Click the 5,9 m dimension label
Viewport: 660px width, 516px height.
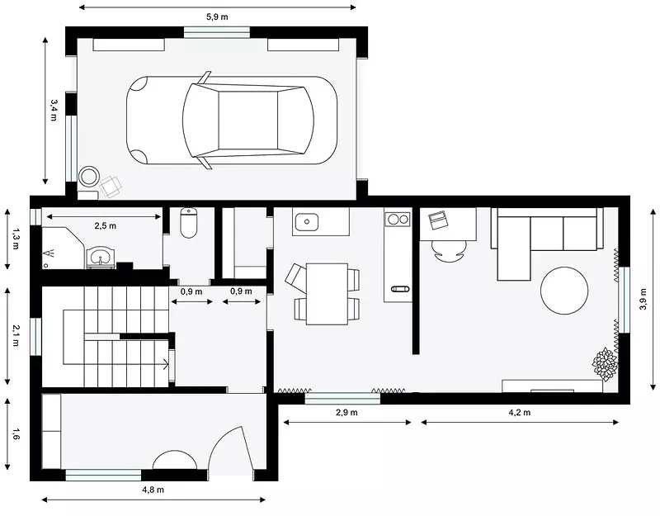[x=217, y=17]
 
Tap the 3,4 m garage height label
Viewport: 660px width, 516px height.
[x=54, y=111]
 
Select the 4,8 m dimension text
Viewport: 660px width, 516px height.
[x=153, y=490]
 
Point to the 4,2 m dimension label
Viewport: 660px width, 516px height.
[x=520, y=412]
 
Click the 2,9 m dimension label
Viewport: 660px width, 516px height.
[x=346, y=412]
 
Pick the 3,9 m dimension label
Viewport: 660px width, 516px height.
[x=643, y=299]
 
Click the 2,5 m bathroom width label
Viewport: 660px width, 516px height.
[x=106, y=225]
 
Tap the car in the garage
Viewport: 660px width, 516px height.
[x=232, y=121]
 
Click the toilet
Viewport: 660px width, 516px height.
[x=189, y=223]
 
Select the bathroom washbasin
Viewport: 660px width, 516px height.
[x=100, y=257]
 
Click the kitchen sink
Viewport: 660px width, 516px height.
[x=306, y=221]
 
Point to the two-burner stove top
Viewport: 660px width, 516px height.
[x=398, y=219]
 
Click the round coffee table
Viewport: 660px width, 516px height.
[x=564, y=291]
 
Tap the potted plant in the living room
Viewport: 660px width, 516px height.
[x=605, y=364]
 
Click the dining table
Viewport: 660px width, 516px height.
[x=327, y=294]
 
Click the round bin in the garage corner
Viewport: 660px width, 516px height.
[x=89, y=177]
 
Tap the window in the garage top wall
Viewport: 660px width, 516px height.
[x=217, y=32]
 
